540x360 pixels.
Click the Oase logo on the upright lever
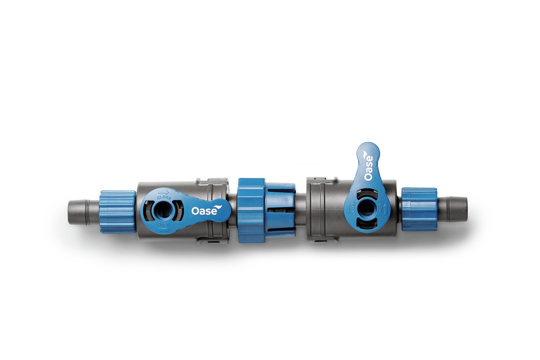[x=368, y=168]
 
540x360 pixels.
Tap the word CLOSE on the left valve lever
[x=164, y=197]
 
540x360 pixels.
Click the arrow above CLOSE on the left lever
[x=164, y=192]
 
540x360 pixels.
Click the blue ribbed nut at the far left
[x=117, y=211]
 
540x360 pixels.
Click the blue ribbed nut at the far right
[x=419, y=209]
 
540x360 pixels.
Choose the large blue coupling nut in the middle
[x=251, y=211]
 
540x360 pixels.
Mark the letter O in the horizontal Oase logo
[x=195, y=211]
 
